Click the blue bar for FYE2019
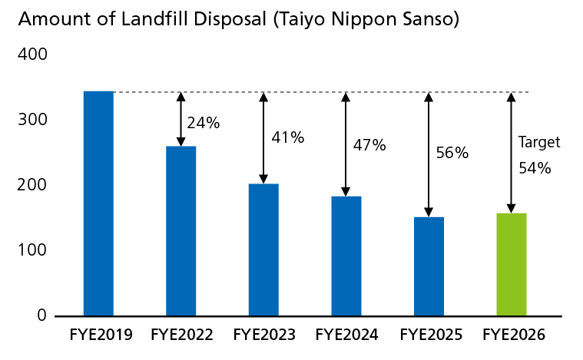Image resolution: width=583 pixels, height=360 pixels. (x=98, y=203)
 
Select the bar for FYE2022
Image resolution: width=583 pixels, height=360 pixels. (x=181, y=231)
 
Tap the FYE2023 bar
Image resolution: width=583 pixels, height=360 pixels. (x=263, y=249)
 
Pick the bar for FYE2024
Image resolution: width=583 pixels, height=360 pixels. (x=346, y=256)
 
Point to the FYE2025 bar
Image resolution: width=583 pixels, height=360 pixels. (x=429, y=266)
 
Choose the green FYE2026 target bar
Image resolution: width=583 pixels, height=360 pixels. (x=512, y=264)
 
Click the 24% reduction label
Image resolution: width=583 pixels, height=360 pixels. (x=204, y=123)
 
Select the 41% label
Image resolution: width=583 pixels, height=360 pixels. (x=288, y=138)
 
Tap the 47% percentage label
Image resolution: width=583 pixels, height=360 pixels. (x=369, y=144)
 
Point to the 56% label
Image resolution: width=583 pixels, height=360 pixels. (x=452, y=153)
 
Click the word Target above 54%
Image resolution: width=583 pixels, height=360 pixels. (x=539, y=142)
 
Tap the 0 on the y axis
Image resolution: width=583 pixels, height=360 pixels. (x=41, y=315)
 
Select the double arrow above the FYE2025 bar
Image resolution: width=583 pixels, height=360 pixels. (x=429, y=154)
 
